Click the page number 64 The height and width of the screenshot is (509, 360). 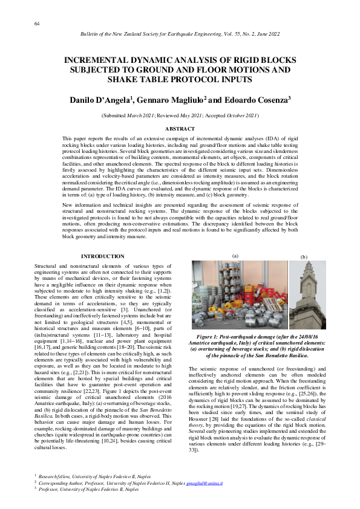pyautogui.click(x=37, y=23)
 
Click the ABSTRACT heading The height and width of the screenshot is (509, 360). pyautogui.click(x=180, y=129)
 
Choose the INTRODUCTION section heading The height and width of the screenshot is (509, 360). pyautogui.click(x=103, y=256)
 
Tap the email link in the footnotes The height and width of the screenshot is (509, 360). pyautogui.click(x=205, y=483)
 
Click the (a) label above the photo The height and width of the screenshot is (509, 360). pyautogui.click(x=235, y=256)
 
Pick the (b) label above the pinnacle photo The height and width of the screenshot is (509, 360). pyautogui.click(x=303, y=256)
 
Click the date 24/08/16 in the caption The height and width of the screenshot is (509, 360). pyautogui.click(x=303, y=335)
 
